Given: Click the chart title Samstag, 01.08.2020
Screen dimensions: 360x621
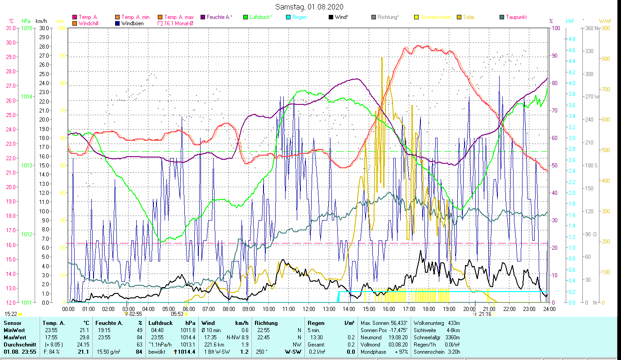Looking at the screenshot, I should pos(310,7).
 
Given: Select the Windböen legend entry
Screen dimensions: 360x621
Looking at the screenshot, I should pos(132,23).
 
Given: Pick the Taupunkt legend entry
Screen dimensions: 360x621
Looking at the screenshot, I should pos(516,17).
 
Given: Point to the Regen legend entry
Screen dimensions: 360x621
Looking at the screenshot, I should pos(299,17).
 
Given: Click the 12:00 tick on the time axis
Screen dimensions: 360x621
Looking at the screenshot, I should pos(308,309).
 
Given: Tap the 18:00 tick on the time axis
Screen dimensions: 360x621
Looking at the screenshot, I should pos(429,309).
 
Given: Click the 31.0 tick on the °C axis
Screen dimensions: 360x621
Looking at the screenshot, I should pos(10,28).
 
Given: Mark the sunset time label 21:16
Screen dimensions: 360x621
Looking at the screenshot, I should pos(485,314).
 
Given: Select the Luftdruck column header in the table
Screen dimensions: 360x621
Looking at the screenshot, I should pos(160,323).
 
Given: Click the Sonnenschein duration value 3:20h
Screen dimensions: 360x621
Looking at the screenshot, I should pos(451,351).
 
